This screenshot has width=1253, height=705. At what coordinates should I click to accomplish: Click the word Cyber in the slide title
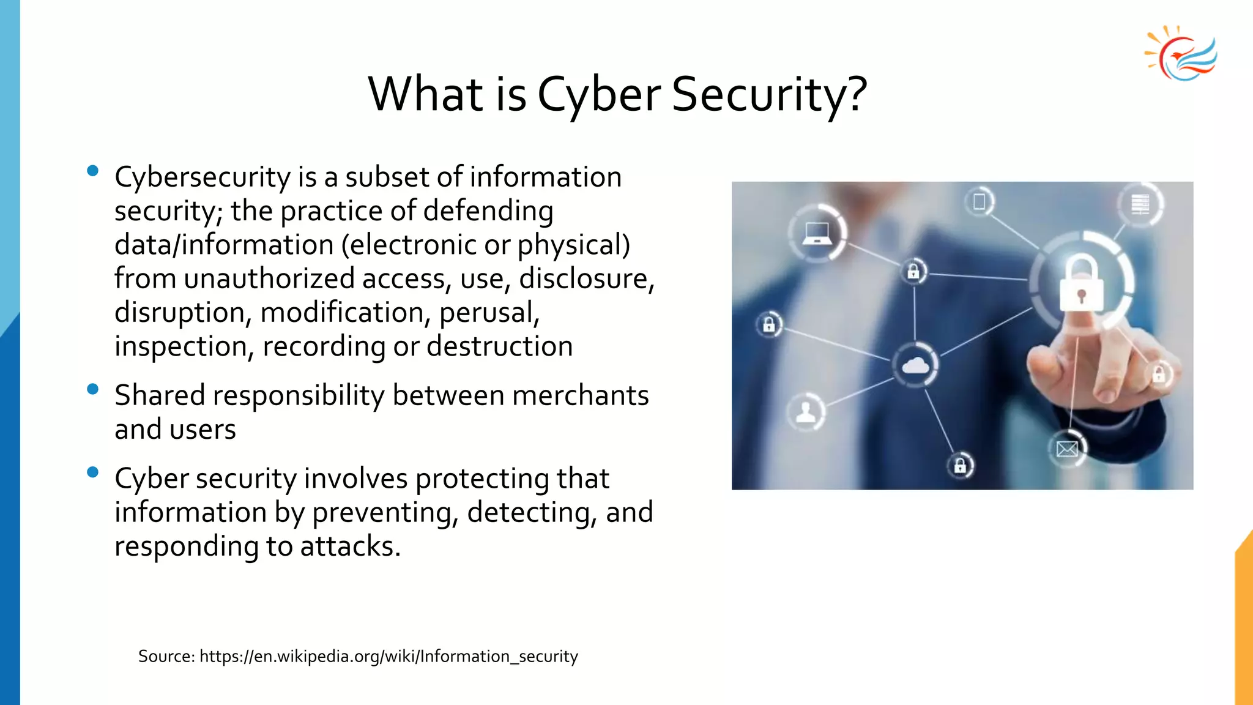pyautogui.click(x=598, y=95)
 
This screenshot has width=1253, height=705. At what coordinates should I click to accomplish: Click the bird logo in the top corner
pyautogui.click(x=1181, y=54)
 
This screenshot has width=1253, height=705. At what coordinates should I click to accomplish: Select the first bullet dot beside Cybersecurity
pyautogui.click(x=93, y=171)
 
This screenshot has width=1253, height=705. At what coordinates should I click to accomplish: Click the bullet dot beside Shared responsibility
pyautogui.click(x=93, y=389)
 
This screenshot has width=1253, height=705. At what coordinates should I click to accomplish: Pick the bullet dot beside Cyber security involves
pyautogui.click(x=93, y=472)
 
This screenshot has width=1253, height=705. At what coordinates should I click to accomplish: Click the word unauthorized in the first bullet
pyautogui.click(x=269, y=279)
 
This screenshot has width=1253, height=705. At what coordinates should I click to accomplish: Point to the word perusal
pyautogui.click(x=489, y=313)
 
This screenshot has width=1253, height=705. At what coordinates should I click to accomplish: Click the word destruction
pyautogui.click(x=499, y=346)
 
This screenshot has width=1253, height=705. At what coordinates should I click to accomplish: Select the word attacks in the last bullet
pyautogui.click(x=349, y=546)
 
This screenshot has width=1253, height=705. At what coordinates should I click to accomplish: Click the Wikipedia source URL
pyautogui.click(x=389, y=657)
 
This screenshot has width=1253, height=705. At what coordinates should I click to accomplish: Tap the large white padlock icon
pyautogui.click(x=1081, y=283)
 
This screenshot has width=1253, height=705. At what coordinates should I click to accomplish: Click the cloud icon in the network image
pyautogui.click(x=915, y=365)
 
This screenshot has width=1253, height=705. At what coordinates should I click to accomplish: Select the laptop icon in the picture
pyautogui.click(x=817, y=233)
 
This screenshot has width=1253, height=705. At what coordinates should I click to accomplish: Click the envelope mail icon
pyautogui.click(x=1067, y=450)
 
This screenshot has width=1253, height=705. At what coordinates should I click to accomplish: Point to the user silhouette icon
pyautogui.click(x=806, y=412)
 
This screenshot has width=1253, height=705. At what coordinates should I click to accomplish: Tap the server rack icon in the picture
pyautogui.click(x=1140, y=204)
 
